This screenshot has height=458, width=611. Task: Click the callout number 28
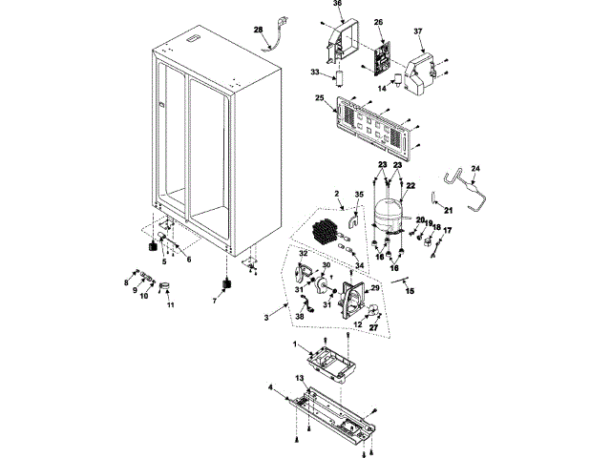point(257,31)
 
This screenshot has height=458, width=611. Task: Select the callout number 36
point(336,5)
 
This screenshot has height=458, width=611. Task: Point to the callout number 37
point(417,31)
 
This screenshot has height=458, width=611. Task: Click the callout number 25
point(319,99)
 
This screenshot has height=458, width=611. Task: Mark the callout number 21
point(448,209)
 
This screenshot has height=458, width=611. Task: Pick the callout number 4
point(270,387)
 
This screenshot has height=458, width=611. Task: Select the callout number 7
point(214,299)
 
